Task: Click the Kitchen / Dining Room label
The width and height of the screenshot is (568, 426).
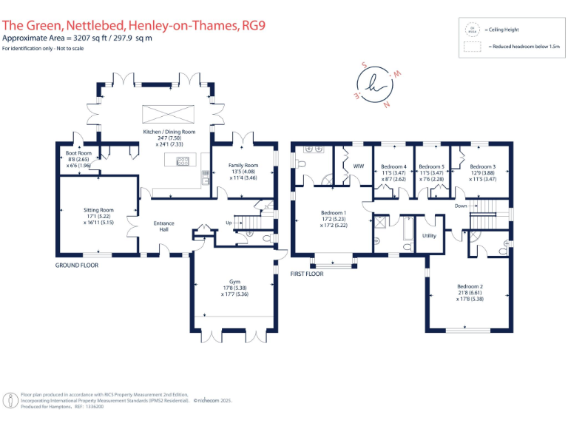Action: click(169, 132)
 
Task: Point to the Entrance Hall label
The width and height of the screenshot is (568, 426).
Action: click(163, 226)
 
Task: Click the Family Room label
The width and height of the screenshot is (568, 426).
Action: click(243, 165)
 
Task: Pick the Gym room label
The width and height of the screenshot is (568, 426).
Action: click(234, 282)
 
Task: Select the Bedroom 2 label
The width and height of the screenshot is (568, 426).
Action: click(470, 286)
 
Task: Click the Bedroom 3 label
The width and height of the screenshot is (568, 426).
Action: click(482, 166)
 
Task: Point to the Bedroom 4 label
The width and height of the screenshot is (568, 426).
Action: click(393, 166)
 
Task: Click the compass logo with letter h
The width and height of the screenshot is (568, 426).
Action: click(379, 83)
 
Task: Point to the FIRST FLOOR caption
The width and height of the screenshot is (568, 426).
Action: click(306, 273)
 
